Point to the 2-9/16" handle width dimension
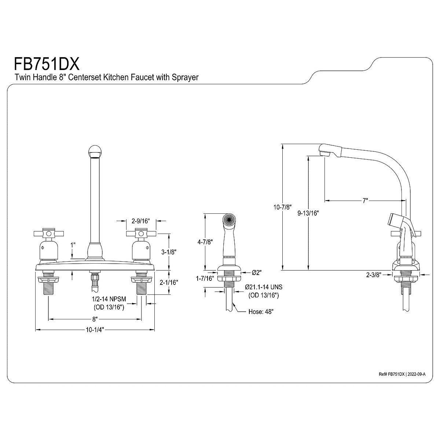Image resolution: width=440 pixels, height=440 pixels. point(136,221)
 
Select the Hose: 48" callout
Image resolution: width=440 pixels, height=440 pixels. point(261,312)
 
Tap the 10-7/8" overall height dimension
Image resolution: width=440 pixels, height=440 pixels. point(283,207)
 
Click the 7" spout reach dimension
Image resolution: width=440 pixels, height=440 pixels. point(365,201)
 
